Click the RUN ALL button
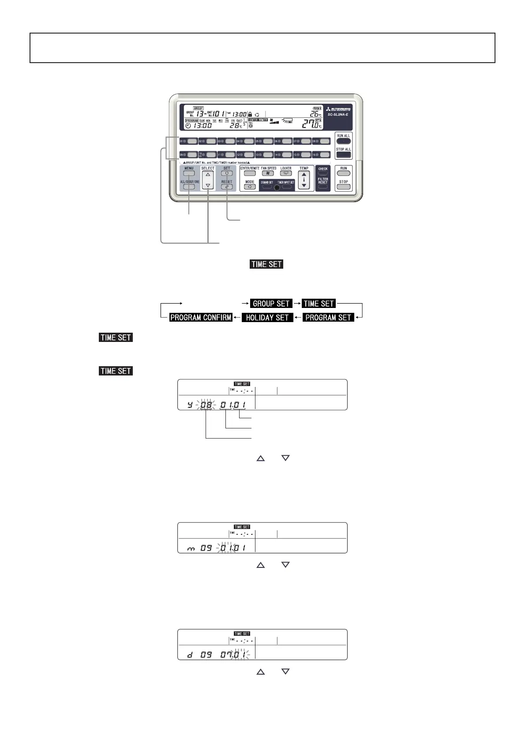point(343,141)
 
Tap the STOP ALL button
point(343,155)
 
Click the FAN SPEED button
point(268,173)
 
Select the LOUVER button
point(286,173)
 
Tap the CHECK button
point(323,173)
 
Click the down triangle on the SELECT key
point(208,186)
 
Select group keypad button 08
point(325,141)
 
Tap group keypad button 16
point(325,155)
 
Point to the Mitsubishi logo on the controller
point(338,109)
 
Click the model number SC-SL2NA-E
point(338,115)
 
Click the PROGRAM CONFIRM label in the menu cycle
point(201,318)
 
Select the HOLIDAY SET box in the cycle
point(267,318)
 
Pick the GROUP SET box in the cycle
point(271,304)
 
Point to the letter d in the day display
point(190,655)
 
